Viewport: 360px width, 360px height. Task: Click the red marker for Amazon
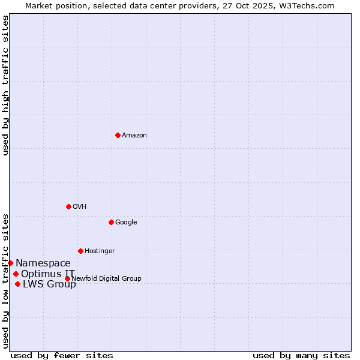tap(118, 135)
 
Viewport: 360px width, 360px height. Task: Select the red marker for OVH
tap(68, 206)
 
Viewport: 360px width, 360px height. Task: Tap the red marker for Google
tap(111, 222)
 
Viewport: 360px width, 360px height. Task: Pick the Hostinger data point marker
tap(80, 251)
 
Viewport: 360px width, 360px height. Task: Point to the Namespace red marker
tap(10, 263)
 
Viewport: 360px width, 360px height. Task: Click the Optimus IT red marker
tap(16, 274)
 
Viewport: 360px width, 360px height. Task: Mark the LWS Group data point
tap(17, 284)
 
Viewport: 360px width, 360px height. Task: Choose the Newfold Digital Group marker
tap(67, 278)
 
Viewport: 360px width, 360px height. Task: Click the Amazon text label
tap(134, 136)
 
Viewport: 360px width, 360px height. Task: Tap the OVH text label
tap(80, 207)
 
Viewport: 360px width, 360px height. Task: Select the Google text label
tap(126, 223)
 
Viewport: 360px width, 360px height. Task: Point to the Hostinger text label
tap(100, 251)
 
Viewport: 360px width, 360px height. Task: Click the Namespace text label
tap(43, 263)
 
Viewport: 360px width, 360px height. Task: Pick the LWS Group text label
tap(49, 284)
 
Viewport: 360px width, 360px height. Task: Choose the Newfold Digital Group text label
tap(106, 279)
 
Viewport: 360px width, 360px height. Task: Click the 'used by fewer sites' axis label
tap(62, 355)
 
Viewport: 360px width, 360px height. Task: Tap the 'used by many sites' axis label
tap(301, 355)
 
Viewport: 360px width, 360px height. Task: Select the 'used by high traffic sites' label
tap(6, 85)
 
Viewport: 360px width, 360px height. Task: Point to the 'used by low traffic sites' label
tap(6, 281)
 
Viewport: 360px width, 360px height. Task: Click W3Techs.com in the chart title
tap(307, 5)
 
